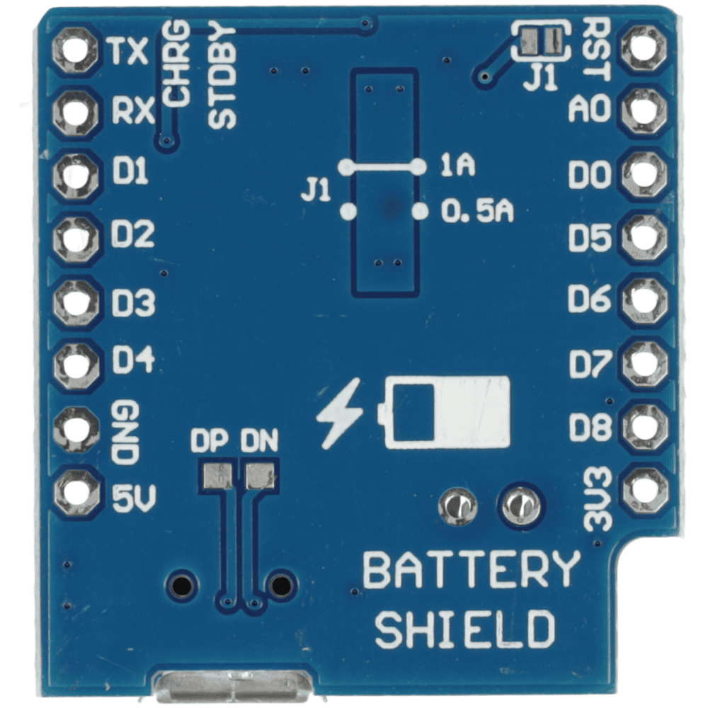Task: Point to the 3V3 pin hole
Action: point(644,489)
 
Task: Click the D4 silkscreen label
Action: point(133,362)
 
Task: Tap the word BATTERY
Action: point(471,570)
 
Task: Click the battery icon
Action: point(447,411)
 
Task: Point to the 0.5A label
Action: point(477,211)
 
